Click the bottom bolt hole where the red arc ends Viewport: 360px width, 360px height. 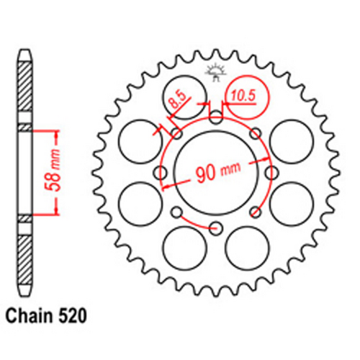pos(216,228)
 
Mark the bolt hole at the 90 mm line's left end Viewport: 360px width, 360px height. pos(161,173)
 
